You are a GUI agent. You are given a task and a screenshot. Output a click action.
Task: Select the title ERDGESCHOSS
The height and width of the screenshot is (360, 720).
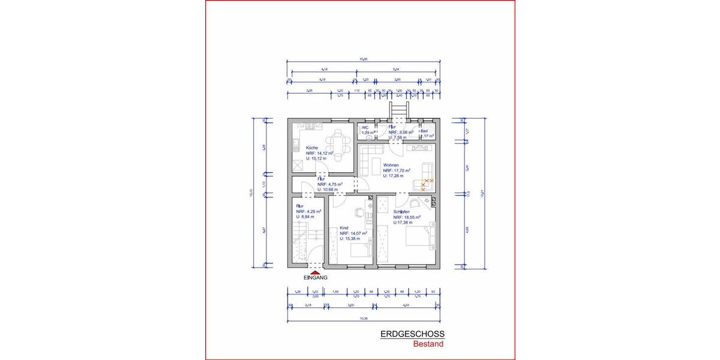pyautogui.click(x=412, y=335)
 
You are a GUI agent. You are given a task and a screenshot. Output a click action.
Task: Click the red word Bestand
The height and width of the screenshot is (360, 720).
pyautogui.click(x=428, y=344)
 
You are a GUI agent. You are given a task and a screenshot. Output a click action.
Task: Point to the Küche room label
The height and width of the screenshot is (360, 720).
pyautogui.click(x=311, y=148)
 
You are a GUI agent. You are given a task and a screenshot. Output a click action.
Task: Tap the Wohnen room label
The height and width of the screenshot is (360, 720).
pyautogui.click(x=391, y=165)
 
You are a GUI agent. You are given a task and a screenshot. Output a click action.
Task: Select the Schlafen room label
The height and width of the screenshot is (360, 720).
pyautogui.click(x=401, y=212)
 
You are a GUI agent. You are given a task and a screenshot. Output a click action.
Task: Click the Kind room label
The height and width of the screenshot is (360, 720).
pyautogui.click(x=344, y=228)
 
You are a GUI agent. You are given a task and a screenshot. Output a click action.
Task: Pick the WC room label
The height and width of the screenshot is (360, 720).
pyautogui.click(x=364, y=127)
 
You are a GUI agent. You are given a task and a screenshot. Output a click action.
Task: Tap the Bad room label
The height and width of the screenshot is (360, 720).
pyautogui.click(x=424, y=130)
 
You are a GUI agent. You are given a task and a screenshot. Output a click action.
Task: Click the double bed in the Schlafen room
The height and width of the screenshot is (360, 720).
pyautogui.click(x=420, y=236)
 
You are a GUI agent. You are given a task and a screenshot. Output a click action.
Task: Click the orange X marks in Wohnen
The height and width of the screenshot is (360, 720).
pyautogui.click(x=427, y=183)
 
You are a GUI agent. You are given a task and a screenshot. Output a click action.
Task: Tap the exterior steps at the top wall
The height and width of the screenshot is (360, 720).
pyautogui.click(x=398, y=110)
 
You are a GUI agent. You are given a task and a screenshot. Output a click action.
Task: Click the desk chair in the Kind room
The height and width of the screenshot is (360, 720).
pyautogui.click(x=359, y=211)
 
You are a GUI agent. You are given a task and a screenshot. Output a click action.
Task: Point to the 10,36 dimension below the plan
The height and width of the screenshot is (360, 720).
pyautogui.click(x=363, y=319)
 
